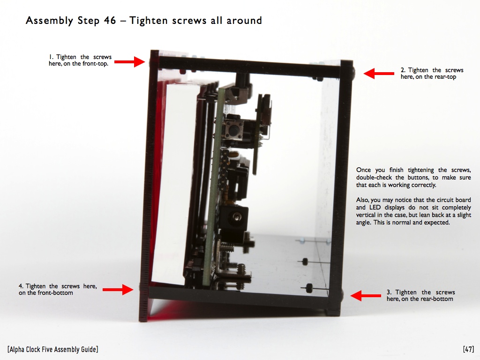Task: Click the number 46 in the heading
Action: pyautogui.click(x=110, y=21)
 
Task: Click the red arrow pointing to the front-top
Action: pyautogui.click(x=129, y=62)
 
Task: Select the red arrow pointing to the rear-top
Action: pyautogui.click(x=379, y=74)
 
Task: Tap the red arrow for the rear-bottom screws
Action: pyautogui.click(x=366, y=296)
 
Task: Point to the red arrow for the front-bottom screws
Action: pyautogui.click(x=118, y=289)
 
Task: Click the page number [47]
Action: pyautogui.click(x=468, y=349)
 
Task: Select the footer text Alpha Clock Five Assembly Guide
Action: pyautogui.click(x=53, y=349)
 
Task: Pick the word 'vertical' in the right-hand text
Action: pyautogui.click(x=366, y=215)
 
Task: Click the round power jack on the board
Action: pyautogui.click(x=235, y=217)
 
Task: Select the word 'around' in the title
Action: pyautogui.click(x=244, y=21)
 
